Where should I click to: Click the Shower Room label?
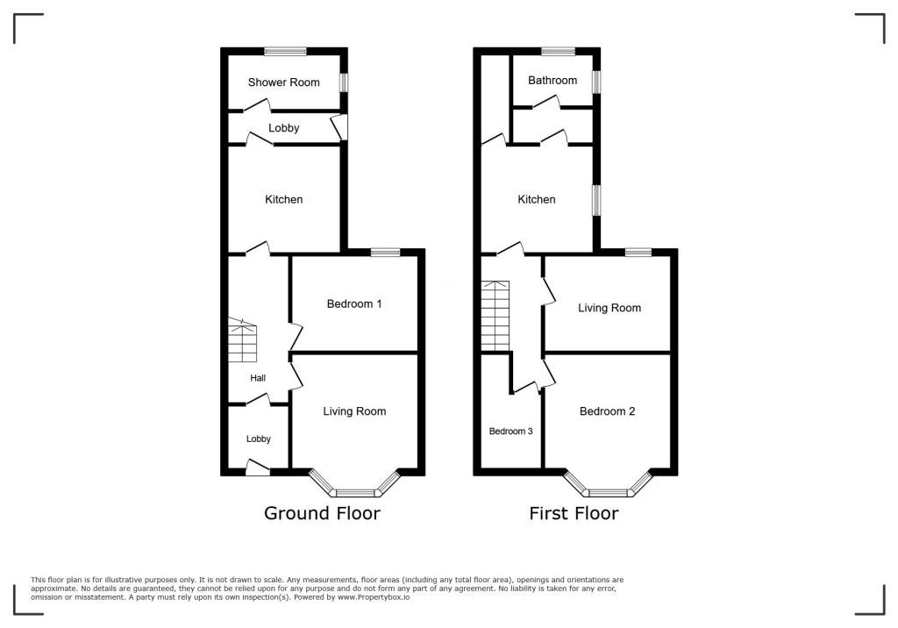point(283,82)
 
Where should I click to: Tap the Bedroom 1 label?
point(354,303)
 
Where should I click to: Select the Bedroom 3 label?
point(511,431)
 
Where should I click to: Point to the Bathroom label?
point(552,80)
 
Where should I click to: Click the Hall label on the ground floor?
point(258,378)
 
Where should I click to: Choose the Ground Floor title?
point(322,513)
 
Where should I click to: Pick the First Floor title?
point(574,513)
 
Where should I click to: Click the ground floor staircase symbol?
point(243,340)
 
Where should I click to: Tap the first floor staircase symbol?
point(495,315)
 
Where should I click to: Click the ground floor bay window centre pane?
point(355,493)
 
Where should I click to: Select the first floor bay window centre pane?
point(609,493)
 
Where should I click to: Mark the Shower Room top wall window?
point(285,51)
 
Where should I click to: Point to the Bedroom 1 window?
point(386,252)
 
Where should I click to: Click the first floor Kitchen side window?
point(596,200)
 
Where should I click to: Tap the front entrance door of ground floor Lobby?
point(258,467)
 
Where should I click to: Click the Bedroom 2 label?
point(607,410)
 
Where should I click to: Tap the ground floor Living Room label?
point(354,410)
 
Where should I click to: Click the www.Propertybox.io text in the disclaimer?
point(374,597)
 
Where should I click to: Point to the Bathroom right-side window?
point(596,81)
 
